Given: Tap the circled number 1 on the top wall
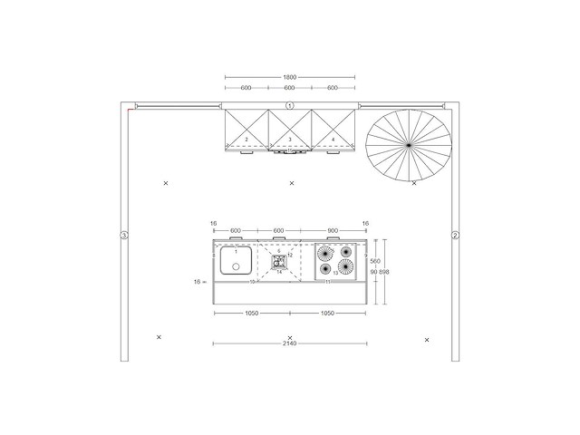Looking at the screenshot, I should (290, 106).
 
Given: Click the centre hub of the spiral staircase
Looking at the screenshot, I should (409, 144).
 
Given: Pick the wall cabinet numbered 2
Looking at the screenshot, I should (246, 129).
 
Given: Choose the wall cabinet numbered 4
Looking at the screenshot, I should (333, 129).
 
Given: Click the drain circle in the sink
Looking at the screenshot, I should (236, 266).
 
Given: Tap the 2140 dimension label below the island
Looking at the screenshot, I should (290, 344).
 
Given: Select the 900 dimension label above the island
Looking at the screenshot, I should (333, 229).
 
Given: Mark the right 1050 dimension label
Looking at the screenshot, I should (328, 313).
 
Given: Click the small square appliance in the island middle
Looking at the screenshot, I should (278, 260).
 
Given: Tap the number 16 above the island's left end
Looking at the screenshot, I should (213, 222).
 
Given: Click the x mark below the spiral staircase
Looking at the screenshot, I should (414, 183).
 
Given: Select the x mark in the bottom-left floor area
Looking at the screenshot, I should (159, 337).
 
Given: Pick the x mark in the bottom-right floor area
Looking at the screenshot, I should (426, 340).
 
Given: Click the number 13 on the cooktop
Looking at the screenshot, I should (335, 272).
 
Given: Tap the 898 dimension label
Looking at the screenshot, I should (384, 272).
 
